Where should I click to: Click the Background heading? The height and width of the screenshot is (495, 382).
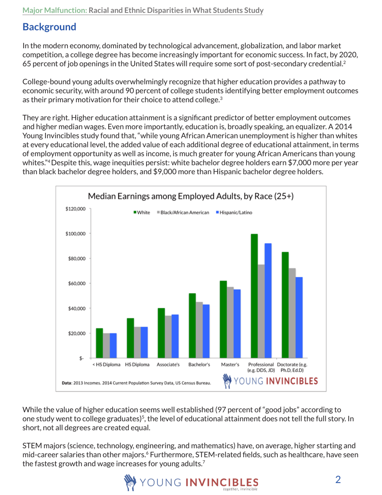coord(49,27)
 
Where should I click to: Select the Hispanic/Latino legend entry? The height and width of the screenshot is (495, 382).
coord(234,212)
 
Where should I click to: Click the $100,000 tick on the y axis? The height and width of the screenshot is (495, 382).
coord(75,233)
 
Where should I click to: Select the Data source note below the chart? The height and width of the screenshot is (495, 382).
coord(137,384)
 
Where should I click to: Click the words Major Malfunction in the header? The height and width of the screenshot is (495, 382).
coord(55,10)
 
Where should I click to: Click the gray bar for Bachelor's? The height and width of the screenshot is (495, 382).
coord(199,330)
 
